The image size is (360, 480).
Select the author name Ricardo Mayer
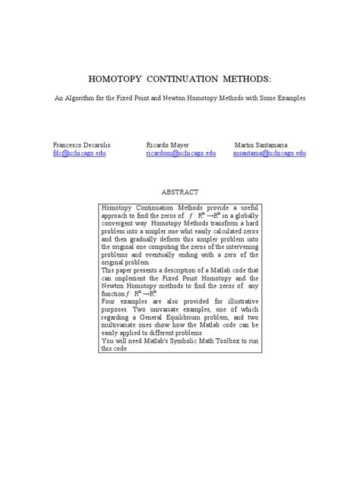click(167, 144)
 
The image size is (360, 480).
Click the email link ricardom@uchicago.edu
click(181, 153)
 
